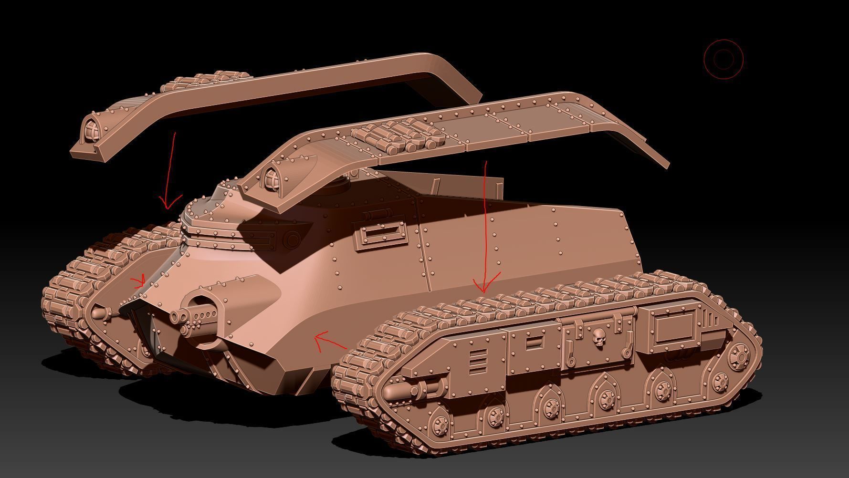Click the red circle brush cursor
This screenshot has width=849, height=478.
point(723,59)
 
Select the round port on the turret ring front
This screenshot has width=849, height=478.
point(292,239)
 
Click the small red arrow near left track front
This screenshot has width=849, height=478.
point(139,281)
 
